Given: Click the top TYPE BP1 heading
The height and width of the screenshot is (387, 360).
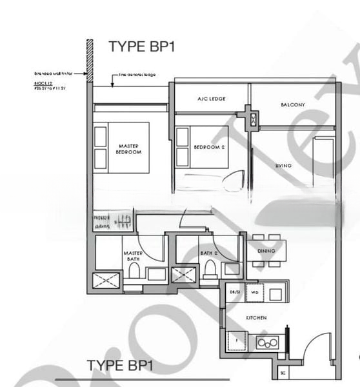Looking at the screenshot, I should (x=141, y=46).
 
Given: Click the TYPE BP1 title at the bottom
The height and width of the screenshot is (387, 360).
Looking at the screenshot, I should (x=119, y=366).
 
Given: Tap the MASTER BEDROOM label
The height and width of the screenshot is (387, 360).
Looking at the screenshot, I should (x=128, y=149).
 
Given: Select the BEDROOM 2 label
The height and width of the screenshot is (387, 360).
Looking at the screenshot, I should (x=208, y=148).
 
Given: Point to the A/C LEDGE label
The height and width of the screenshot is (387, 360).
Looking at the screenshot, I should (x=210, y=99).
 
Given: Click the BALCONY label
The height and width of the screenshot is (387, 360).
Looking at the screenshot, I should (x=292, y=104).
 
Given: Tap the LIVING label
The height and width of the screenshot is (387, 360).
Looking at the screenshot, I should (x=283, y=166).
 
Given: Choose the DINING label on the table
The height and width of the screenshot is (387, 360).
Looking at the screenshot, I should (x=266, y=251).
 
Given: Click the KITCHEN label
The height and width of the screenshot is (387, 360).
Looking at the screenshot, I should (x=256, y=318).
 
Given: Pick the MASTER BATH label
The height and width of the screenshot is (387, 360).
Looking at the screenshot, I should (x=132, y=257).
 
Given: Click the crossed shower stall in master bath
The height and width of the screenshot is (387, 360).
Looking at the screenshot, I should (x=107, y=281).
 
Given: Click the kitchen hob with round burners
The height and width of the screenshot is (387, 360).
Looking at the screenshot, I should (x=266, y=342).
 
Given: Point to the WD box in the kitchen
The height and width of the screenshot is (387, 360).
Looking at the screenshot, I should (x=254, y=293).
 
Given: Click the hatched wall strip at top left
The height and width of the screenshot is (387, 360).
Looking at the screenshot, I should (x=90, y=61).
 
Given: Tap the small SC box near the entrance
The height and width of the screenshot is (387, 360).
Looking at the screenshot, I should (x=283, y=373).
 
